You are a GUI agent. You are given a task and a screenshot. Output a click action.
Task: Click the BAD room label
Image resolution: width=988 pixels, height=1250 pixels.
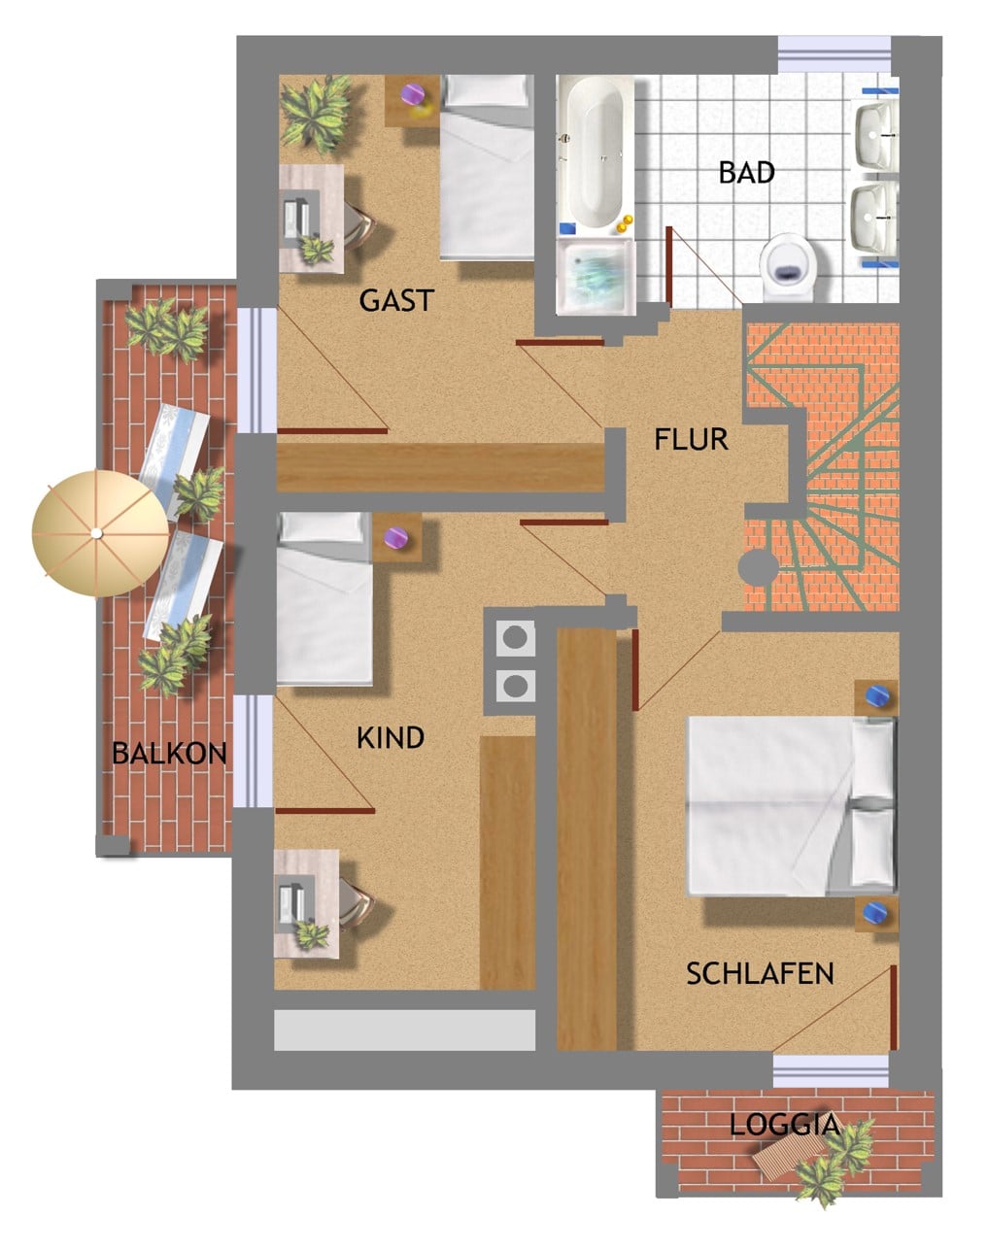(746, 173)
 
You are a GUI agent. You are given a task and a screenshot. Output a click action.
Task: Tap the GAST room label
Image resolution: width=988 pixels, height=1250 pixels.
(397, 300)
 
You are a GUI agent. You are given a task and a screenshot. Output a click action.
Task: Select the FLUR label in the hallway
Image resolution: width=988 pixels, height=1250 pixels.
(691, 439)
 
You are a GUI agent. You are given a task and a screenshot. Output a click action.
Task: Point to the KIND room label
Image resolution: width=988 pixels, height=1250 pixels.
(391, 738)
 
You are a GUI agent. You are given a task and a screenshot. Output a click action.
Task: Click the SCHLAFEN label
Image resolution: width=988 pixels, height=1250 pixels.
(760, 973)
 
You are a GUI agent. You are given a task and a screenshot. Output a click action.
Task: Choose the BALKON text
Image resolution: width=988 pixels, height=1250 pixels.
(169, 754)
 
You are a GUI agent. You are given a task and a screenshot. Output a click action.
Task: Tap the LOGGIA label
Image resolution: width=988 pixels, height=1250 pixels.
(785, 1125)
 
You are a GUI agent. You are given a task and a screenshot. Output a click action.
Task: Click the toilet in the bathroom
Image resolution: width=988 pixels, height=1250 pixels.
(788, 267)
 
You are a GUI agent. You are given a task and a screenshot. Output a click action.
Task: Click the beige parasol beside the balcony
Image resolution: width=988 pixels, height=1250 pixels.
(100, 532)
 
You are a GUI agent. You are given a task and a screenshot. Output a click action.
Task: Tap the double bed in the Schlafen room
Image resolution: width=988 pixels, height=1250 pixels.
(791, 806)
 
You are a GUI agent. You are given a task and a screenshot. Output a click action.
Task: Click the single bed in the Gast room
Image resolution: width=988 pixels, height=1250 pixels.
(487, 167)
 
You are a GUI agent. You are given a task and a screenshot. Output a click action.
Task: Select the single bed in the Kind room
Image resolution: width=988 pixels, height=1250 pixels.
(324, 598)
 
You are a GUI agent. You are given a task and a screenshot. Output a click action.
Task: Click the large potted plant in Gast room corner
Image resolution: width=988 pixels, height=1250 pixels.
(316, 114)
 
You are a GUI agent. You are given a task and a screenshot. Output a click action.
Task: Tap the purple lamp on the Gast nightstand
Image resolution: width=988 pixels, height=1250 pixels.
(414, 94)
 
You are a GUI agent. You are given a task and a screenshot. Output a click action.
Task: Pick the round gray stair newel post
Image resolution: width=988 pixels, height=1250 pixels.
(759, 568)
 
